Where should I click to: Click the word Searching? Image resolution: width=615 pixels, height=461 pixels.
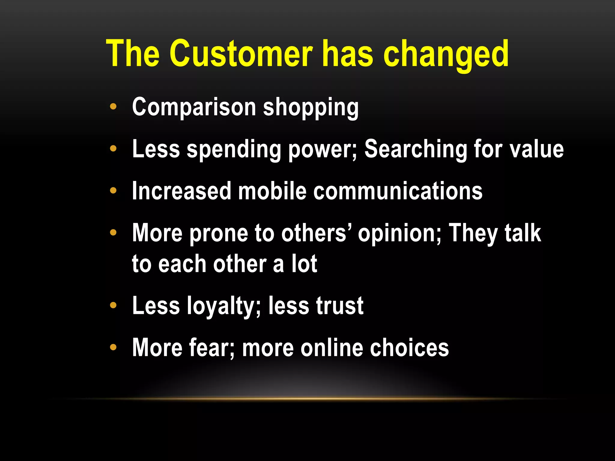click(x=415, y=150)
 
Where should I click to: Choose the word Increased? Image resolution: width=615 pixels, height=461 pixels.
click(x=181, y=191)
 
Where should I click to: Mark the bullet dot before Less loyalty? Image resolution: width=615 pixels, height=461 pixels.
click(x=113, y=306)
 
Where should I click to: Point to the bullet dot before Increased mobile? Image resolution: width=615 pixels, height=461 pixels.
click(x=113, y=190)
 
